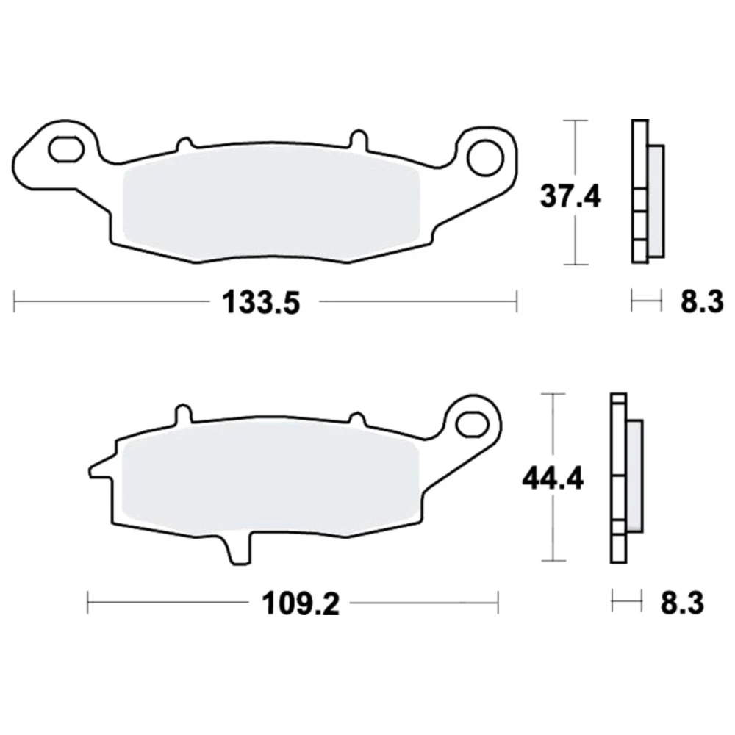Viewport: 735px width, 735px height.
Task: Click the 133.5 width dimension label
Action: click(261, 302)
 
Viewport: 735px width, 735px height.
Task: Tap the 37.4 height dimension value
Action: click(570, 196)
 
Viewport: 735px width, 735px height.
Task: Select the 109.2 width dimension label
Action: click(301, 603)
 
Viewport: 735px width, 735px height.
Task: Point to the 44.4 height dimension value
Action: click(553, 479)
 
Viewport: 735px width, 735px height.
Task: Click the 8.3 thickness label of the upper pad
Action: click(702, 301)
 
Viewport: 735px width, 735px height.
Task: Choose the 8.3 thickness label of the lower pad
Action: click(682, 603)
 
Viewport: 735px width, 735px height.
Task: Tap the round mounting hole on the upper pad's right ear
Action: click(485, 158)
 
